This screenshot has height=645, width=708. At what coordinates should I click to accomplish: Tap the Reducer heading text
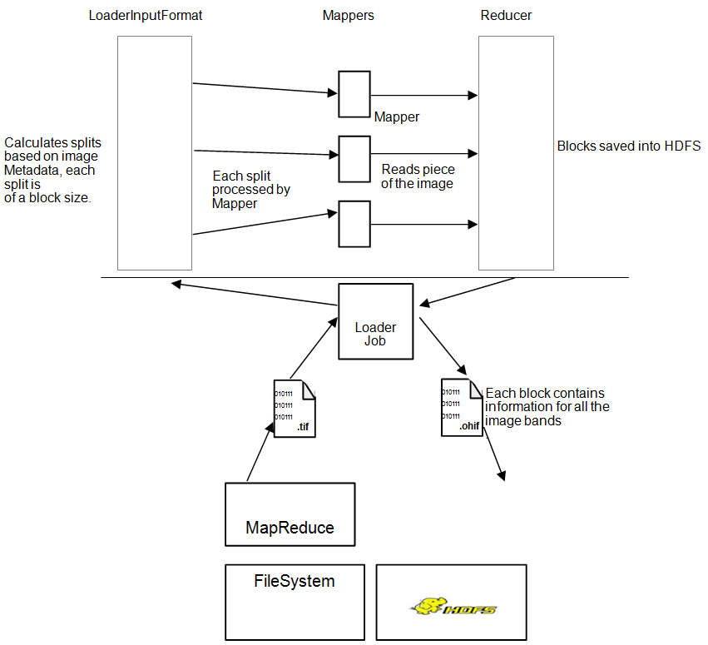pos(506,16)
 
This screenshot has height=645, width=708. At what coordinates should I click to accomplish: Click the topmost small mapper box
pos(354,94)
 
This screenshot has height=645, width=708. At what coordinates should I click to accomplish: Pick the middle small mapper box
pos(354,159)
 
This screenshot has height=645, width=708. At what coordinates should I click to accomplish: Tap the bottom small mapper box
pos(354,224)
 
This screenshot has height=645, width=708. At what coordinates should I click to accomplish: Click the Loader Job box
pos(375,321)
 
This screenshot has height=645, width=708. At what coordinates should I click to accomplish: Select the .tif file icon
pos(295,408)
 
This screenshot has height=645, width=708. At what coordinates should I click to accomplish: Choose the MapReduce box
pos(290,514)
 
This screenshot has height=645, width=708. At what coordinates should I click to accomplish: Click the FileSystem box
pos(295,602)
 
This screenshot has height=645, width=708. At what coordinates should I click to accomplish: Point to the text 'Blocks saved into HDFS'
pos(628,146)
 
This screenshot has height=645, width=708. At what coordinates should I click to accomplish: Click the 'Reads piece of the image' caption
pos(418,176)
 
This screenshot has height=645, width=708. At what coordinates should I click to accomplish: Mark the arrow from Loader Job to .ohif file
pos(442,345)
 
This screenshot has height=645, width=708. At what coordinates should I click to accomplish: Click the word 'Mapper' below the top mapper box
pos(397,117)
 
